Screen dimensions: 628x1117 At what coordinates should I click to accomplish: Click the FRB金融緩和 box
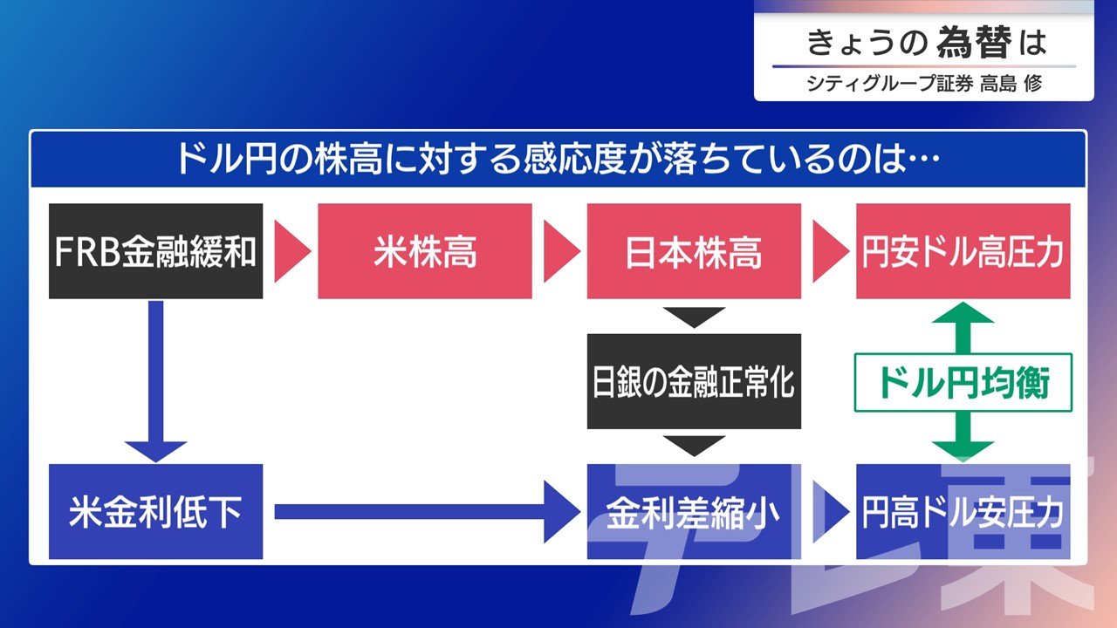155,251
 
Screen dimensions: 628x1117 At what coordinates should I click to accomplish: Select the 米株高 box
424,251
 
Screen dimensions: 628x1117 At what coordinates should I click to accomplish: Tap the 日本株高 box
694,251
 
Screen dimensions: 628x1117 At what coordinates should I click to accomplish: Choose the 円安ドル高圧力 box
963,251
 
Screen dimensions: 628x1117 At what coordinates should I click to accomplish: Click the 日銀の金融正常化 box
694,381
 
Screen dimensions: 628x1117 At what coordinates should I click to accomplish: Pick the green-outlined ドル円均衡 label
963,383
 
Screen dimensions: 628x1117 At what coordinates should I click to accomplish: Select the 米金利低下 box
155,512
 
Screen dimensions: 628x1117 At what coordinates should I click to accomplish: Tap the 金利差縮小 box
694,512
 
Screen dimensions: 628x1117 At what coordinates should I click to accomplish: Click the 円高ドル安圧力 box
963,512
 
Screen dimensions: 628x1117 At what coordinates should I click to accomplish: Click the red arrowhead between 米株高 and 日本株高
560,252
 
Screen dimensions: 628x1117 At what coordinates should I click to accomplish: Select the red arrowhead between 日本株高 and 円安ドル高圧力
829,252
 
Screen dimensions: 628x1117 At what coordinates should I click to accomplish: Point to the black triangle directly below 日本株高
694,317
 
